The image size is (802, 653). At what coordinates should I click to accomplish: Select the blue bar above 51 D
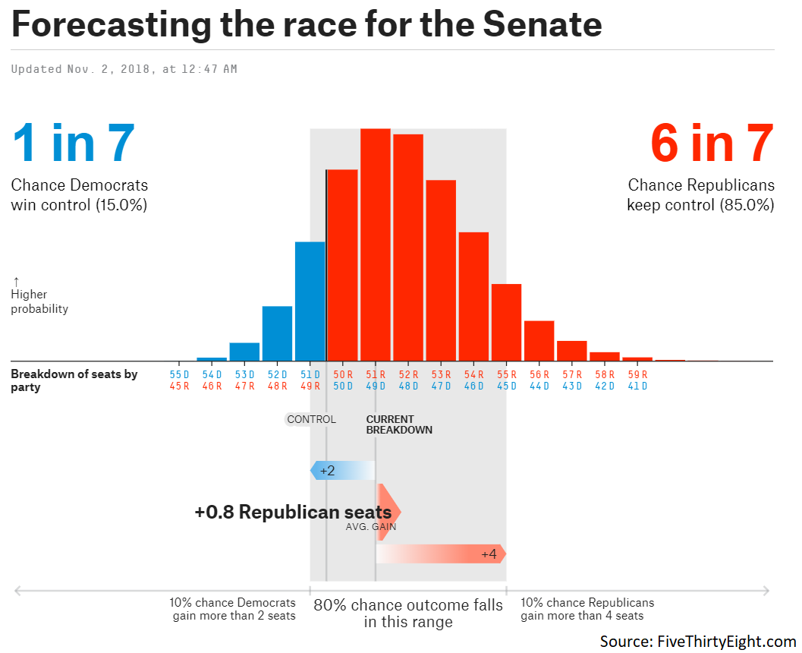tap(310, 301)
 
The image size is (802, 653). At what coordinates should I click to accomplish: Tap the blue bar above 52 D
tap(277, 333)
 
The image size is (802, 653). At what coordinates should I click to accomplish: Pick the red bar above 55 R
tap(506, 322)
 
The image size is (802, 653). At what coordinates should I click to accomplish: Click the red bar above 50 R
tap(342, 265)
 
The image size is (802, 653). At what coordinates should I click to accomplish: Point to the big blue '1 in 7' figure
tap(74, 144)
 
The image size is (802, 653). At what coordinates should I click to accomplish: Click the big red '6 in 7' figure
tap(712, 144)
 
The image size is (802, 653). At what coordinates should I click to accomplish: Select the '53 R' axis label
tap(441, 374)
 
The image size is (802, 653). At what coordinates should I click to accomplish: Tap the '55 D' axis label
tap(180, 374)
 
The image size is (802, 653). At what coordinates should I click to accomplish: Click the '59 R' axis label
tap(637, 374)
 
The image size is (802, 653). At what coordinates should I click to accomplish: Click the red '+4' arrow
tap(441, 554)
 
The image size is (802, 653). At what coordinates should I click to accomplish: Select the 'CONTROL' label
tap(310, 419)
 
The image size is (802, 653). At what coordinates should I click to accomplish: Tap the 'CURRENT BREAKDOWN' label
tap(399, 424)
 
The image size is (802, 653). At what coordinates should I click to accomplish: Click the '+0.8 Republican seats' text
tap(293, 513)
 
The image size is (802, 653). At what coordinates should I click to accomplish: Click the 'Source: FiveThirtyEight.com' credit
tap(698, 642)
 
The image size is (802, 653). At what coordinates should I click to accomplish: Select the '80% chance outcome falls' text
tap(408, 605)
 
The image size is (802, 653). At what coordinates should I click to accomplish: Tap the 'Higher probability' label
tap(39, 301)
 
